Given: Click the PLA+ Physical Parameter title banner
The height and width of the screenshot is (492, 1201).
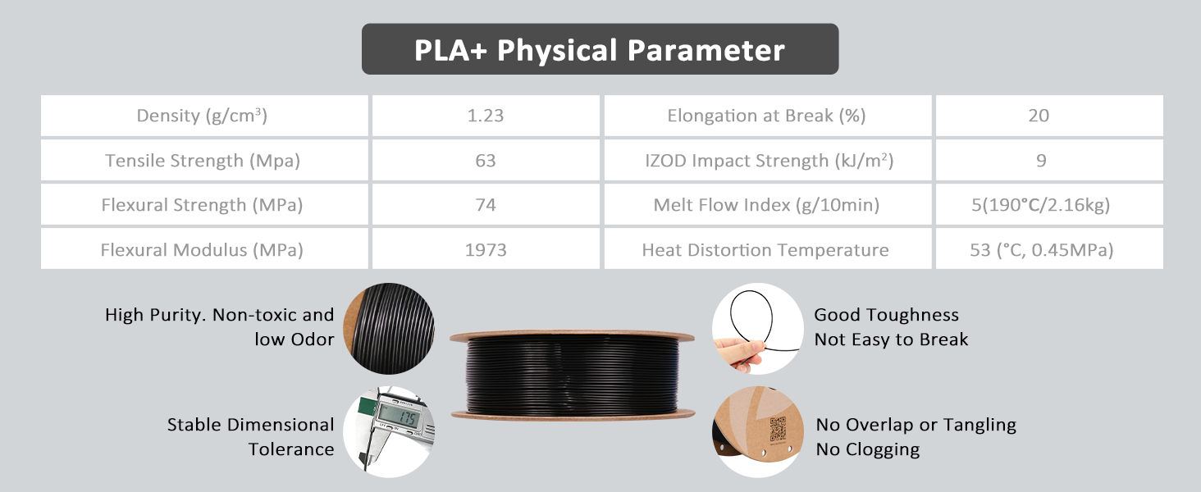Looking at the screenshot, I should coord(600,50).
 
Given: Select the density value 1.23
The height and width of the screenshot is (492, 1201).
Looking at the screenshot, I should coord(486,116).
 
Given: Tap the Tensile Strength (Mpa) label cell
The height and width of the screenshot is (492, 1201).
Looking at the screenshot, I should coord(203,161).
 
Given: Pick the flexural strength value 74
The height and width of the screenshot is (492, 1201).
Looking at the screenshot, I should coord(486,205).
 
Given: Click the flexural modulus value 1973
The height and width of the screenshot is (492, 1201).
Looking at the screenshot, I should coord(486,249).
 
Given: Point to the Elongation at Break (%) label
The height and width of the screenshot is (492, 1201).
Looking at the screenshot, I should coord(766,116).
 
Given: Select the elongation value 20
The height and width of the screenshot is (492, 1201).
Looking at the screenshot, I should coord(1039,116).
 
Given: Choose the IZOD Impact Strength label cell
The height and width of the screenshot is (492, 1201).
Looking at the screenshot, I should coord(769,161).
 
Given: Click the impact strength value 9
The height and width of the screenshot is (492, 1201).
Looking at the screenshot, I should coord(1040,161).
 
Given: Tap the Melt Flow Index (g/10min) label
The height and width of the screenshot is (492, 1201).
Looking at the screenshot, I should coord(766,205).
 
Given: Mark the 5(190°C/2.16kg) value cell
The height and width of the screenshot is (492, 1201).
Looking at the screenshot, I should coord(1040,205).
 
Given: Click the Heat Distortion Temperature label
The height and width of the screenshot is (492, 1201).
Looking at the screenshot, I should coord(765,249).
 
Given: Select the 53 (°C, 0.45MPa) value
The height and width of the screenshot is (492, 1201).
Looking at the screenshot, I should coord(1041,249).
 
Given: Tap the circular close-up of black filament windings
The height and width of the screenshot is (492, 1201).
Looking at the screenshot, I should coord(389,329).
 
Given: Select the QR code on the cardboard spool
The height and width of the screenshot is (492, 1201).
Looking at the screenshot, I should coord(776,430).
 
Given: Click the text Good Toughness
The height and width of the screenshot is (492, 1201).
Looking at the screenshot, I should coord(886,315).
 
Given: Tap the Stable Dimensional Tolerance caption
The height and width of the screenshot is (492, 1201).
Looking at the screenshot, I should coord(250,436).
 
